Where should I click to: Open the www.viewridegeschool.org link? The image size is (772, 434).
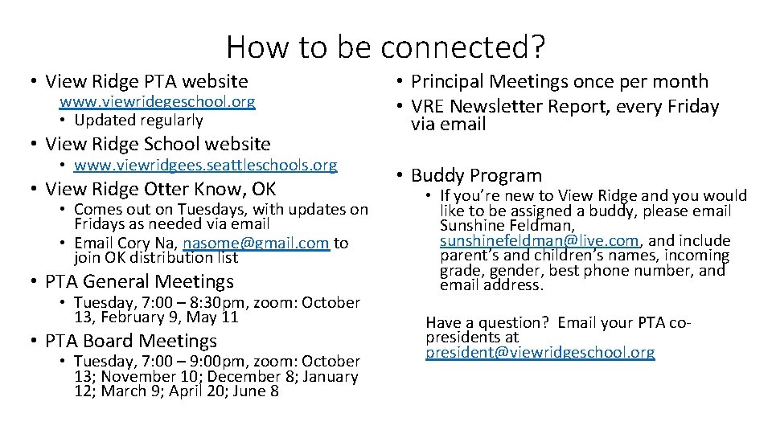click(x=158, y=101)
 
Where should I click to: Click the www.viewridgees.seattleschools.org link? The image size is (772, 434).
click(x=205, y=166)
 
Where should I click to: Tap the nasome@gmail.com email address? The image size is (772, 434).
click(x=256, y=243)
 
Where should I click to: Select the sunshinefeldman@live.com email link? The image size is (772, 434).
click(x=539, y=240)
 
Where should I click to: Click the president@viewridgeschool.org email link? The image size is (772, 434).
click(x=540, y=352)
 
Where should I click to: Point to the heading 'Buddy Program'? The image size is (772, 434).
click(x=476, y=175)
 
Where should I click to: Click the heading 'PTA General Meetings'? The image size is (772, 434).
click(x=139, y=281)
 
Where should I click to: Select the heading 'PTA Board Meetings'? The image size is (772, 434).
click(x=131, y=341)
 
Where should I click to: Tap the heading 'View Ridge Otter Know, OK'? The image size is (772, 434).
click(x=160, y=189)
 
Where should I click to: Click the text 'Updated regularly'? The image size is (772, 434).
click(x=138, y=121)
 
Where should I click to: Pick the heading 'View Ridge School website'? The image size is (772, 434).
click(x=158, y=144)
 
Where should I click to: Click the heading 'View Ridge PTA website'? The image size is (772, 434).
click(x=146, y=81)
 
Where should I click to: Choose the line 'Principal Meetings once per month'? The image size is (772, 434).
click(x=560, y=81)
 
